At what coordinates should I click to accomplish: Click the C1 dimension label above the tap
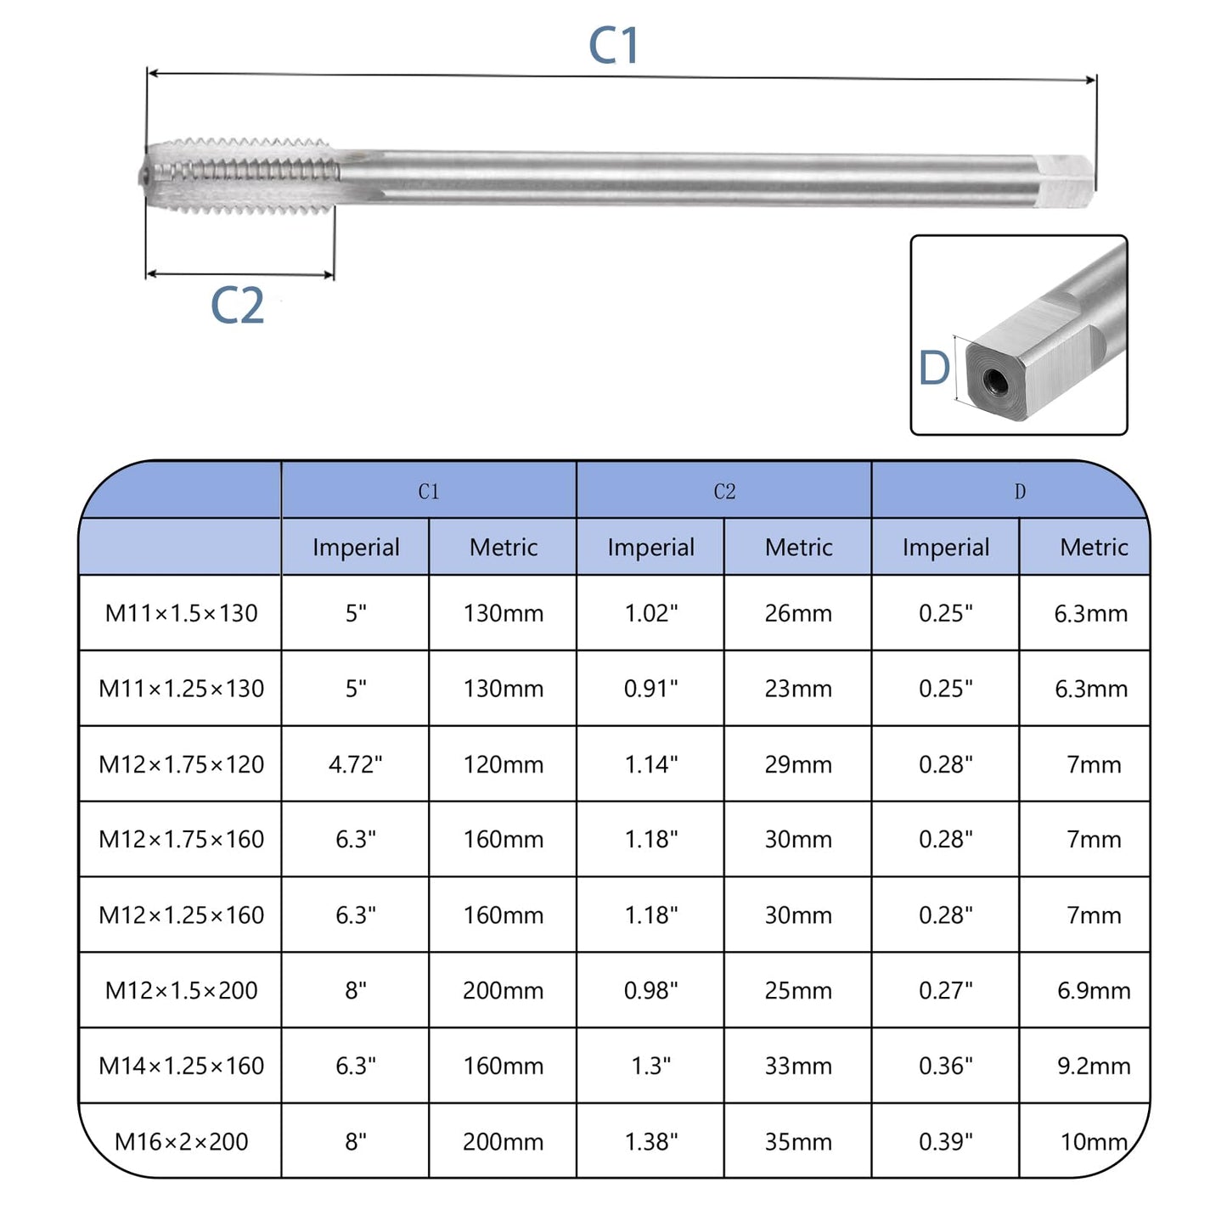613,46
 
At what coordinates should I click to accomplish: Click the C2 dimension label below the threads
237,306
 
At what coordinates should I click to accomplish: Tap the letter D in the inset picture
934,369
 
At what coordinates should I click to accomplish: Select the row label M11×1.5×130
181,613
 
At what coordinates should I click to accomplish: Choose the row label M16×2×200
181,1141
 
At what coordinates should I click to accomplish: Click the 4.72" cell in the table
355,764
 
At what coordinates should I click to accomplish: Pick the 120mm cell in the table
503,764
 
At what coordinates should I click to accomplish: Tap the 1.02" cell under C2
650,613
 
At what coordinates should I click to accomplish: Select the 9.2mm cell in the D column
1093,1066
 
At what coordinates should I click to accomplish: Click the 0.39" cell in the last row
945,1141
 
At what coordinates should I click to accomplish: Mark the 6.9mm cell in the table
1093,990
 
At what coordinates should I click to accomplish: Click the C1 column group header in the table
429,492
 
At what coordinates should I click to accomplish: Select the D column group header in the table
1019,492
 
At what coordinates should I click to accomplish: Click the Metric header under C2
798,548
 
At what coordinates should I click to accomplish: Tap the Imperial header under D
945,548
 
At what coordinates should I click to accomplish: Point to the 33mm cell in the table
798,1066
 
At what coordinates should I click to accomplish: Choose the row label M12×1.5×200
181,990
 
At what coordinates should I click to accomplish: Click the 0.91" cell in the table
650,689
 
